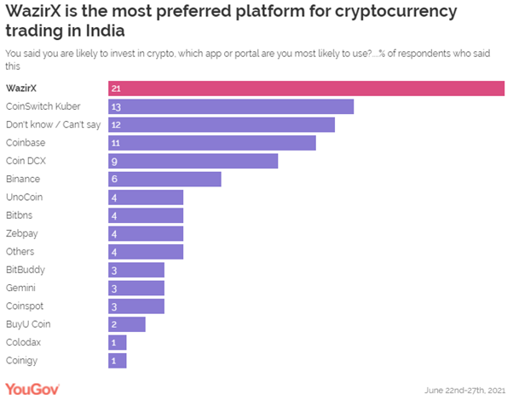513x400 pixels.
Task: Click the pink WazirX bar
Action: [x=307, y=89]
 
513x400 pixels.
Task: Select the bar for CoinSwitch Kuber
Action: [x=231, y=106]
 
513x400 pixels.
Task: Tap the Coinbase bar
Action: [x=212, y=143]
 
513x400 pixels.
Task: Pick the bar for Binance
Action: [x=164, y=179]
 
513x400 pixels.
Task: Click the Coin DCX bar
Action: [x=193, y=161]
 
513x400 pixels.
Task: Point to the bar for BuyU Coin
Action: [x=127, y=323]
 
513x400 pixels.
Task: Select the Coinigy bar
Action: [x=118, y=360]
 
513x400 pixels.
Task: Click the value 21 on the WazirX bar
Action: [x=117, y=89]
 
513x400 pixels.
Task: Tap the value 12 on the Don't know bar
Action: [x=117, y=125]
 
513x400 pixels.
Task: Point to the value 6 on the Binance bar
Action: [x=114, y=179]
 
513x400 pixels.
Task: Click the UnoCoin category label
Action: [x=24, y=197]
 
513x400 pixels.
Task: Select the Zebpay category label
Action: [x=21, y=233]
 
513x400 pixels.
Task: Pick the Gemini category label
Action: [x=20, y=288]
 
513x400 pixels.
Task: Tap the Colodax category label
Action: [x=23, y=341]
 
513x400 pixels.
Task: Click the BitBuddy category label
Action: [x=26, y=269]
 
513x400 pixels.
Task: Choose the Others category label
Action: [x=20, y=251]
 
